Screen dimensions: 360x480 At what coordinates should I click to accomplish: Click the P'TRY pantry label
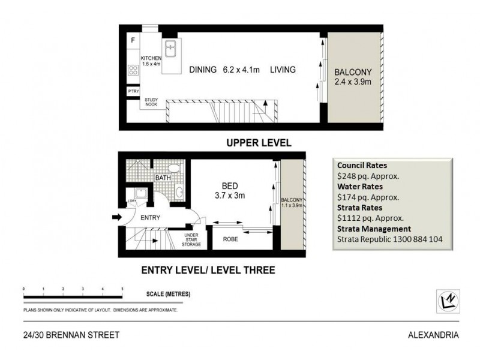pyautogui.click(x=133, y=91)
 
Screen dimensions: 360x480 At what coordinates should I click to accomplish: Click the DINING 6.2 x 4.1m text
pyautogui.click(x=223, y=70)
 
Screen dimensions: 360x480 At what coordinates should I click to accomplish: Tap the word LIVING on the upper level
pyautogui.click(x=283, y=70)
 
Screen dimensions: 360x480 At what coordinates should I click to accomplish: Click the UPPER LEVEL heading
pyautogui.click(x=259, y=143)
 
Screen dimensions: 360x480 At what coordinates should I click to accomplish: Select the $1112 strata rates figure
pyautogui.click(x=350, y=218)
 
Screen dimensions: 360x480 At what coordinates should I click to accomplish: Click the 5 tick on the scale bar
pyautogui.click(x=122, y=289)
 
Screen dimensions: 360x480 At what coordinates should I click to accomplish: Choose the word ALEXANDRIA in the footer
pyautogui.click(x=435, y=335)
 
